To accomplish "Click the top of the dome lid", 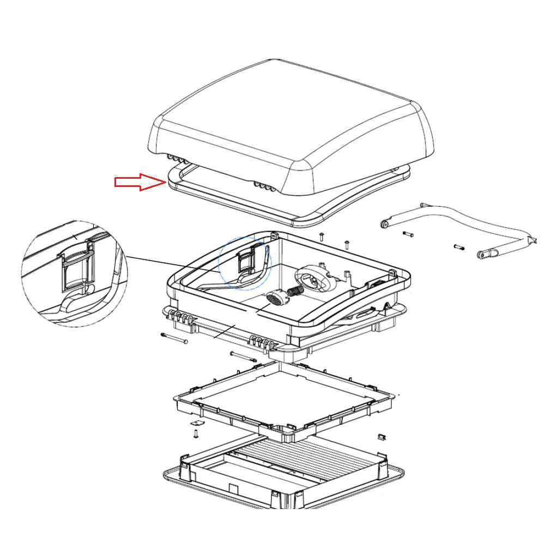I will (289, 114).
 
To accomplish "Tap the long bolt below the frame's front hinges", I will (243, 357).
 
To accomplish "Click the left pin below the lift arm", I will (409, 234).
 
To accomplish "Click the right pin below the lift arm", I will (458, 247).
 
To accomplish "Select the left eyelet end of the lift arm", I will (386, 223).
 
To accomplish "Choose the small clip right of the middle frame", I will (381, 437).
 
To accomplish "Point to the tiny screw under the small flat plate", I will (196, 434).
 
